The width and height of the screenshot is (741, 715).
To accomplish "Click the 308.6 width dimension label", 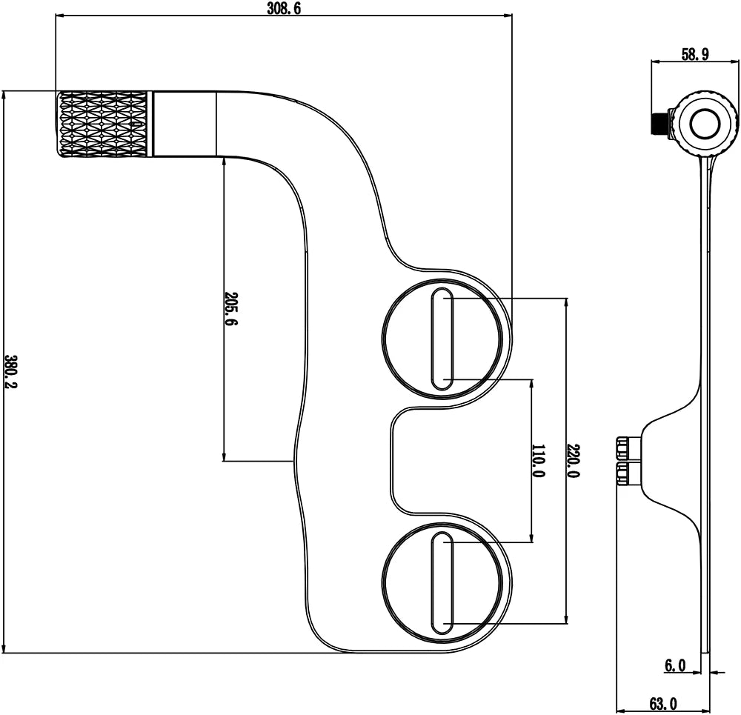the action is pos(284,8).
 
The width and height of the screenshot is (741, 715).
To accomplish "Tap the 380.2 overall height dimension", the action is pos(10,371).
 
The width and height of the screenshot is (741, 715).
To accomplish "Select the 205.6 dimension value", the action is pos(231,308).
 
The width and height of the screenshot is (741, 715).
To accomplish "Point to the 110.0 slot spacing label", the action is pos(537,460).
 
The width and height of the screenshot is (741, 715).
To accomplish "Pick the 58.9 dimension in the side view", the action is pos(695,54).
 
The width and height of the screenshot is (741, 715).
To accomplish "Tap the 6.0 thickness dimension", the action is pos(675,666).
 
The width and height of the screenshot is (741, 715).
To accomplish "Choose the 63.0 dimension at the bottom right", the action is pos(662,705).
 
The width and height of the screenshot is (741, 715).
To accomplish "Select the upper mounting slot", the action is pos(442,339).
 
